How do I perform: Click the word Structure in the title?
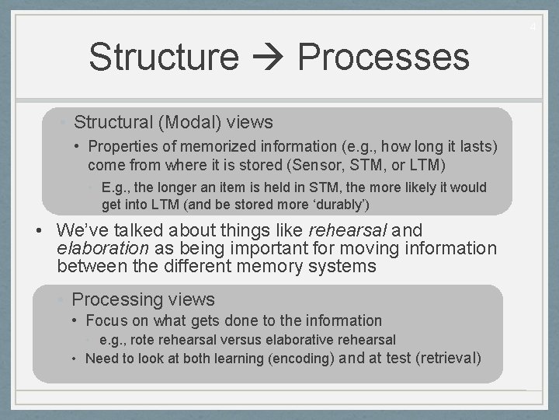pos(164,58)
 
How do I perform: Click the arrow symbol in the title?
pos(268,58)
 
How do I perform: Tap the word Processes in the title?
pos(383,58)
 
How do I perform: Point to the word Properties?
pos(123,147)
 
